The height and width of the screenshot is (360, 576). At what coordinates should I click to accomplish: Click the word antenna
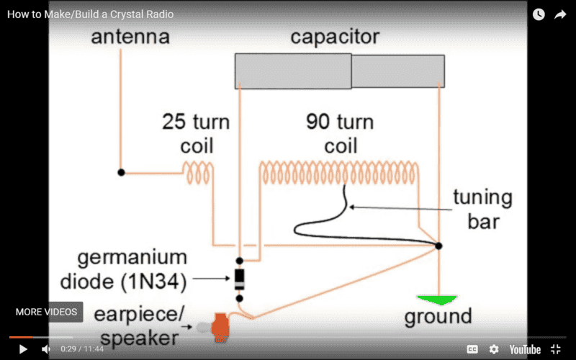click(x=130, y=37)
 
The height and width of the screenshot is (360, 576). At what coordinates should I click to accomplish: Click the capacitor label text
click(x=335, y=37)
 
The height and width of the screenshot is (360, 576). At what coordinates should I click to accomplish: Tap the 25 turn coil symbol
click(x=197, y=172)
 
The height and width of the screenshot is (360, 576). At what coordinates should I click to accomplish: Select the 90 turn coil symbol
click(x=338, y=172)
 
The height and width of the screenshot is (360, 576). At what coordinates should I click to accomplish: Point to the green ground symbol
click(x=438, y=299)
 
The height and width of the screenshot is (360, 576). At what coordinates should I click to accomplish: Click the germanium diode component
click(x=239, y=279)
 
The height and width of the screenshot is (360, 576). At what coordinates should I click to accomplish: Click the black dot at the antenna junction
click(x=122, y=172)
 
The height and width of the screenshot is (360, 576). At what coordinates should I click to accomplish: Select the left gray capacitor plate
click(x=293, y=71)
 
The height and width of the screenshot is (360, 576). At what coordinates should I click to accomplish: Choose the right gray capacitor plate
click(x=397, y=71)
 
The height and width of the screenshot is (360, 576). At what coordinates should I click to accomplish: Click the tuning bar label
click(x=482, y=209)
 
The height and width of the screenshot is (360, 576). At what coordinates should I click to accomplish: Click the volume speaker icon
click(x=45, y=349)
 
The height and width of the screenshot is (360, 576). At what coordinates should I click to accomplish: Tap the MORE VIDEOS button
click(x=47, y=312)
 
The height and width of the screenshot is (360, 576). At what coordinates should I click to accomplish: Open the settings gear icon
click(x=494, y=349)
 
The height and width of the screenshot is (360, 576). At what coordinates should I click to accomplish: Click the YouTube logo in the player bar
click(x=525, y=349)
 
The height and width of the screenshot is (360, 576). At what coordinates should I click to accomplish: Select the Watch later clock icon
click(x=539, y=14)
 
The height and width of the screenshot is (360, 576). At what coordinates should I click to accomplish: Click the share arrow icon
click(x=561, y=14)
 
